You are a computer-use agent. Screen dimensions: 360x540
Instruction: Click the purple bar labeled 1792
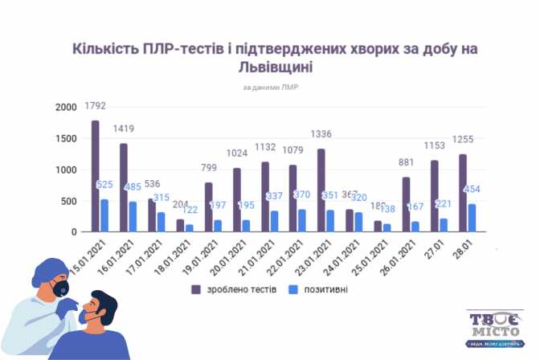(95, 177)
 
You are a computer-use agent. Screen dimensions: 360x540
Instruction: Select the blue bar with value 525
(104, 215)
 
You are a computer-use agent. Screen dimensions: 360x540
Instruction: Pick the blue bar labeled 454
(472, 218)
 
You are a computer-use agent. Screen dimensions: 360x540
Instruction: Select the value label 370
(302, 195)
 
